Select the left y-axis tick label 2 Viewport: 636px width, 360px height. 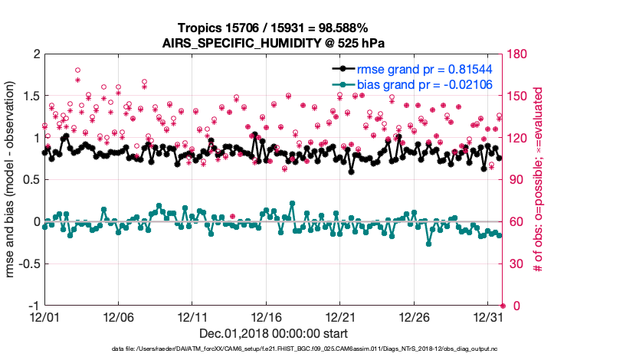tap(35, 55)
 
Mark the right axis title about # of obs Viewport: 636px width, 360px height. tap(539, 180)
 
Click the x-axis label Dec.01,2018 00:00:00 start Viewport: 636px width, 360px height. tap(274, 333)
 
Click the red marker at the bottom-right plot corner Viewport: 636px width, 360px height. tap(503, 306)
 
